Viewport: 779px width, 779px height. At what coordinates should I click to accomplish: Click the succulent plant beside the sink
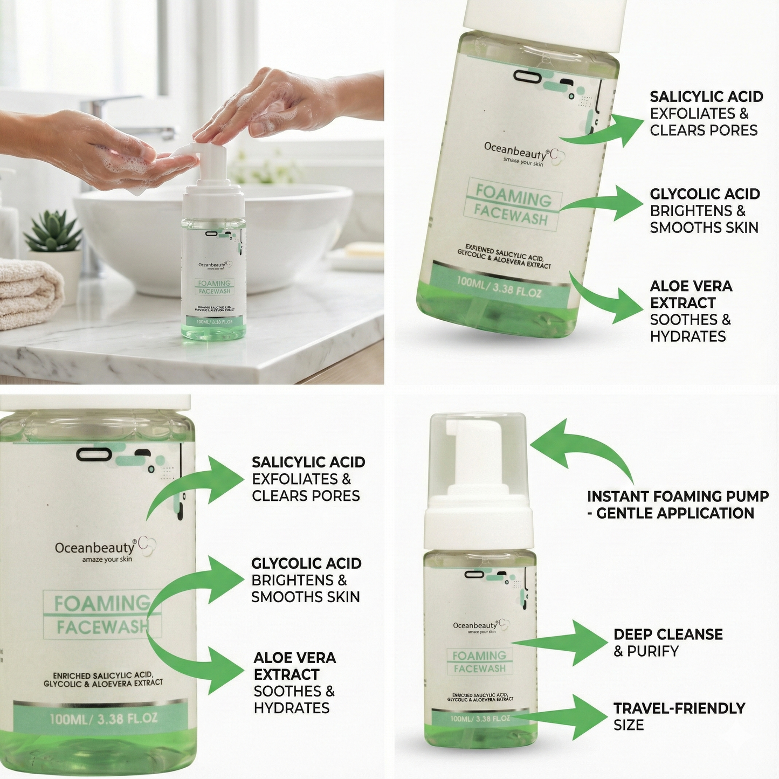[x=53, y=232]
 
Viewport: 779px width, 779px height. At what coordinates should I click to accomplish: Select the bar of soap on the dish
[x=365, y=250]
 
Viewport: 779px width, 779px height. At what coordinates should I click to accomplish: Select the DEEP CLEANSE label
[x=668, y=634]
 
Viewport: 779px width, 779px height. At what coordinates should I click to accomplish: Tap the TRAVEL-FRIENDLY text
[x=679, y=708]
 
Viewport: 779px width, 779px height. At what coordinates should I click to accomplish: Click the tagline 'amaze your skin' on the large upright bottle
[x=107, y=559]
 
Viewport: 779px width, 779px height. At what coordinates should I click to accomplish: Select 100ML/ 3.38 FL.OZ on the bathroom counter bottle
[x=214, y=321]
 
